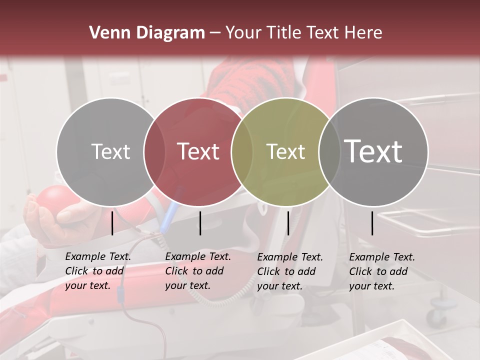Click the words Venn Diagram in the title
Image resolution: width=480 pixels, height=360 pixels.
pyautogui.click(x=147, y=33)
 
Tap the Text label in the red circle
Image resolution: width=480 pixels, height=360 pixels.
pyautogui.click(x=198, y=151)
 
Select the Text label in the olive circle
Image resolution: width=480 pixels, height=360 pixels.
pyautogui.click(x=285, y=151)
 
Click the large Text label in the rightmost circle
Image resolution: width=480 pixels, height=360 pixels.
pyautogui.click(x=373, y=151)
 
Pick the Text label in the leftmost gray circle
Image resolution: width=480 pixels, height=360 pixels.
pyautogui.click(x=110, y=151)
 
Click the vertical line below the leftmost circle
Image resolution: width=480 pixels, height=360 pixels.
pyautogui.click(x=112, y=223)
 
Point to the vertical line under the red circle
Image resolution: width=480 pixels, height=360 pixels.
pyautogui.click(x=200, y=223)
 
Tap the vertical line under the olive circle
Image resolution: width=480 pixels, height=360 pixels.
pyautogui.click(x=288, y=223)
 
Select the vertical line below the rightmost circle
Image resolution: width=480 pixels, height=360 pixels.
pyautogui.click(x=372, y=223)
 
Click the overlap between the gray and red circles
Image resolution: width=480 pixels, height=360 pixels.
pyautogui.click(x=154, y=151)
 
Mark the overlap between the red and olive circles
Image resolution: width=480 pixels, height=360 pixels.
pyautogui.click(x=241, y=151)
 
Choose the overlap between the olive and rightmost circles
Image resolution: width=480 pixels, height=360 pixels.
pyautogui.click(x=329, y=151)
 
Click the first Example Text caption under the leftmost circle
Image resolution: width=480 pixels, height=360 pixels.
pyautogui.click(x=98, y=271)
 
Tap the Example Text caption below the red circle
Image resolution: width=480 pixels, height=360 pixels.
pyautogui.click(x=198, y=271)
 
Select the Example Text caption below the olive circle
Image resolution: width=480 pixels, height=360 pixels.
pyautogui.click(x=290, y=271)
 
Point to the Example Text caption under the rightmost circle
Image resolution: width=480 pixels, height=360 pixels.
pyautogui.click(x=382, y=271)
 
